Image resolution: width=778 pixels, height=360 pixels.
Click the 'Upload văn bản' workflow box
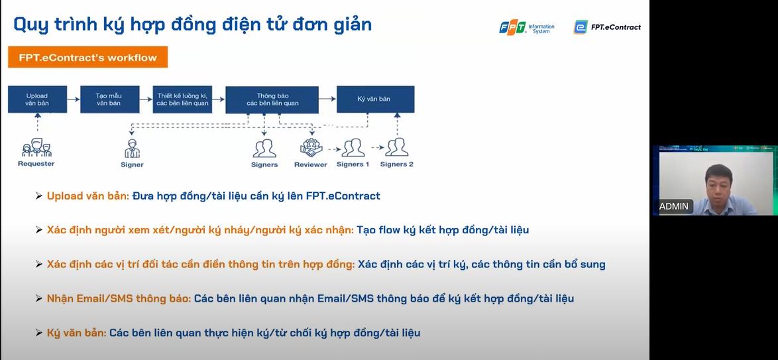point(37,99)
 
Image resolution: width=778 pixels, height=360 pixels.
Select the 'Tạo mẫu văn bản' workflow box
point(109,99)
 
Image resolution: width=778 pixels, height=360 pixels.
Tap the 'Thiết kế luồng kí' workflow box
point(182,99)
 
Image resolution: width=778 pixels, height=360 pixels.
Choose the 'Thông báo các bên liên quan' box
point(272,99)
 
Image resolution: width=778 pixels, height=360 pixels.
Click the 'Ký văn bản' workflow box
point(375,99)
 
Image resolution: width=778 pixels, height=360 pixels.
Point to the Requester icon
point(36,147)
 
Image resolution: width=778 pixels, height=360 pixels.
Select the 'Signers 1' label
point(353,164)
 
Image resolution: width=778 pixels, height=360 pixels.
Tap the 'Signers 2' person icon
point(396,147)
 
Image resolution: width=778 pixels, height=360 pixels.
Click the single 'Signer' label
point(132,164)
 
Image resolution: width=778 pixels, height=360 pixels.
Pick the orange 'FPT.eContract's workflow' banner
point(87,57)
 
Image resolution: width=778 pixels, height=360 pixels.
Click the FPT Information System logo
point(527,27)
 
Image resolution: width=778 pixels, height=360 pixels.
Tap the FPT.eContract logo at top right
point(607,27)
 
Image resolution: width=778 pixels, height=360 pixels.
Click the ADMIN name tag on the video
point(673,206)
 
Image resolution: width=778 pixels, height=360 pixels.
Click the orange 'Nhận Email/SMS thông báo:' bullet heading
point(119,298)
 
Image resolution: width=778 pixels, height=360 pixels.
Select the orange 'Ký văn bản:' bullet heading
point(76,333)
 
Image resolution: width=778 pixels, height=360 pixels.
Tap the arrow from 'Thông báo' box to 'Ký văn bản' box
point(327,99)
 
